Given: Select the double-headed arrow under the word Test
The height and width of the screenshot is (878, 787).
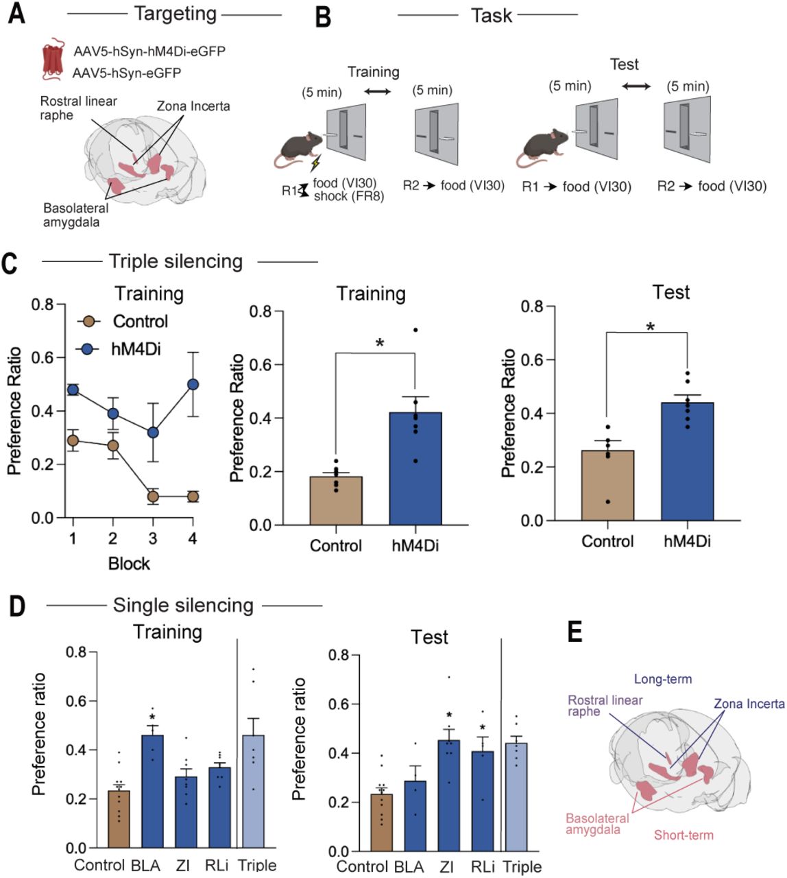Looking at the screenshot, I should click(637, 86).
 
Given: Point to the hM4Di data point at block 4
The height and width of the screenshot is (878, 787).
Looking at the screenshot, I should click(193, 384).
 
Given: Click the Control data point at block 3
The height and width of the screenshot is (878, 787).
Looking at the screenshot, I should click(153, 497).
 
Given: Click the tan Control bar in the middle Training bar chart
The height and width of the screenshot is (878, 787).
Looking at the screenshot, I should click(336, 501).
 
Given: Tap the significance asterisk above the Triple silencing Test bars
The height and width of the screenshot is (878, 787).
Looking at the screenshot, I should click(650, 327).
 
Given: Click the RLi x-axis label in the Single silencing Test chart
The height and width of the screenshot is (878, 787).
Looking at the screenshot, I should click(483, 866).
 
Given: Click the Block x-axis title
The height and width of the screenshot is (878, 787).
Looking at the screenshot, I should click(129, 563).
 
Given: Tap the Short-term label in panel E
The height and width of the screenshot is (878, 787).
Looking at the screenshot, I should click(683, 835).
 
